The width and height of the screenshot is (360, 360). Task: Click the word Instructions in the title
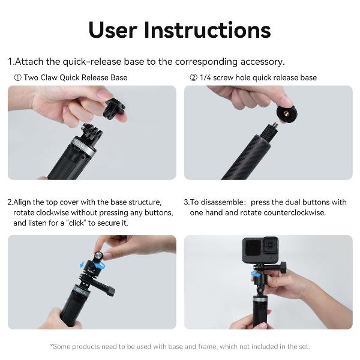tap(208, 30)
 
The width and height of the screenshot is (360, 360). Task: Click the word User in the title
tap(113, 30)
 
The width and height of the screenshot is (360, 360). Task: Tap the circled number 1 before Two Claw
tap(17, 77)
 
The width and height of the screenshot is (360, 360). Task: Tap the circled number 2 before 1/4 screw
tap(193, 77)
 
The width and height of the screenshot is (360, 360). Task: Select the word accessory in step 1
tap(262, 62)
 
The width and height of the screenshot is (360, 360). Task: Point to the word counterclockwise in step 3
tap(295, 212)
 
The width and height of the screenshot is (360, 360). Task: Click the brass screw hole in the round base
tap(286, 113)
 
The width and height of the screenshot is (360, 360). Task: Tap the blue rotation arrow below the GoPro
tap(254, 274)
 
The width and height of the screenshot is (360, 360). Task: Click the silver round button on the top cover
tap(100, 256)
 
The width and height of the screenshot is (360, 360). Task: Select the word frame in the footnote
tap(208, 346)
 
